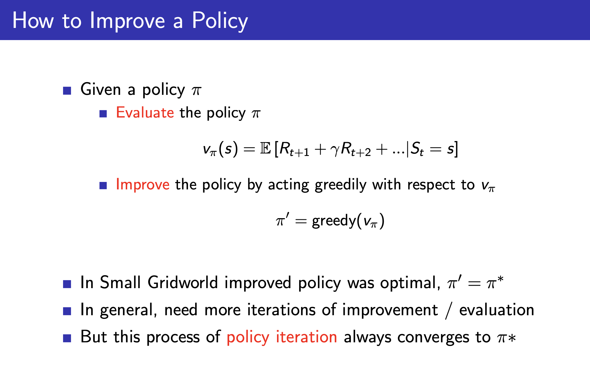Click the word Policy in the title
pyautogui.click(x=220, y=21)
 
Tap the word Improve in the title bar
pyautogui.click(x=127, y=21)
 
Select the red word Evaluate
pyautogui.click(x=145, y=113)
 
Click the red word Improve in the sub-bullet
pyautogui.click(x=143, y=184)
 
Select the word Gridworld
pyautogui.click(x=183, y=282)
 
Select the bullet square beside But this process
pyautogui.click(x=67, y=338)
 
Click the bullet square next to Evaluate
pyautogui.click(x=103, y=114)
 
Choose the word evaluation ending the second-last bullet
pyautogui.click(x=497, y=310)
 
